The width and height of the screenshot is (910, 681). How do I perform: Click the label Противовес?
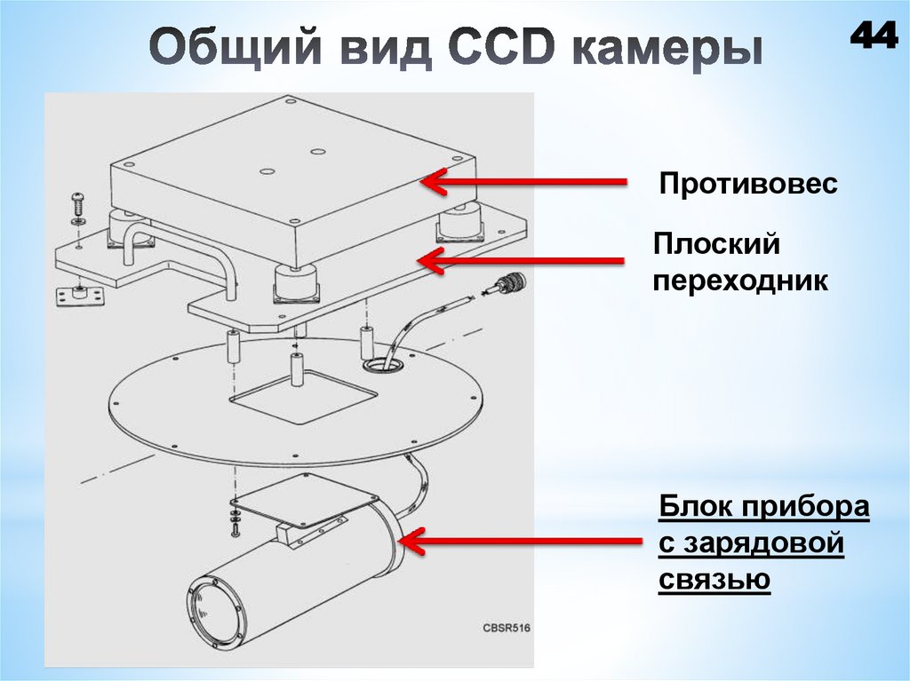747,185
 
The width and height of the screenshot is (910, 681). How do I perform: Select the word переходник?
741,281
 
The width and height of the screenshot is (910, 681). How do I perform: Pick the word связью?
714,580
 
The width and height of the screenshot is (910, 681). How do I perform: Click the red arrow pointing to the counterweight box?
523,182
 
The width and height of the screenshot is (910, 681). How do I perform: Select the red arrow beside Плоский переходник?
523,261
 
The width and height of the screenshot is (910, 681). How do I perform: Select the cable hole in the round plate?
381,363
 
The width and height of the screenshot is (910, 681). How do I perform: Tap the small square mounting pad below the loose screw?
79,293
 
